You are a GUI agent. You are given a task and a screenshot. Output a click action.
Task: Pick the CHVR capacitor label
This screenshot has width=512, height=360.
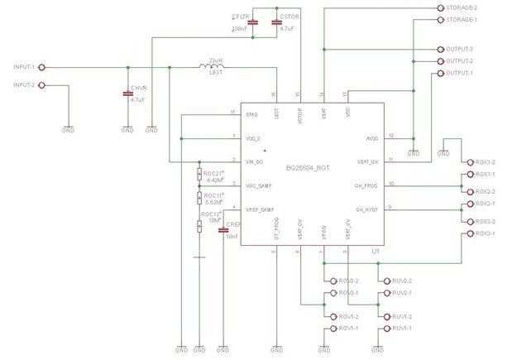tap(137, 89)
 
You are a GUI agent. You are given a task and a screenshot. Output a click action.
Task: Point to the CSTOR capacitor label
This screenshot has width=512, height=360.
tap(289, 17)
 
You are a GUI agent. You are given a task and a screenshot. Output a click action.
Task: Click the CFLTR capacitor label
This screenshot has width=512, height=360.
tap(241, 17)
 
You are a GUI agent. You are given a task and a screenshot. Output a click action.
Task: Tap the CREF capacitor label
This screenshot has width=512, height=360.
tap(232, 225)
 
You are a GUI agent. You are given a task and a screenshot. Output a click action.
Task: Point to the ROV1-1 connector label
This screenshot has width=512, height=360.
tap(347, 329)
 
